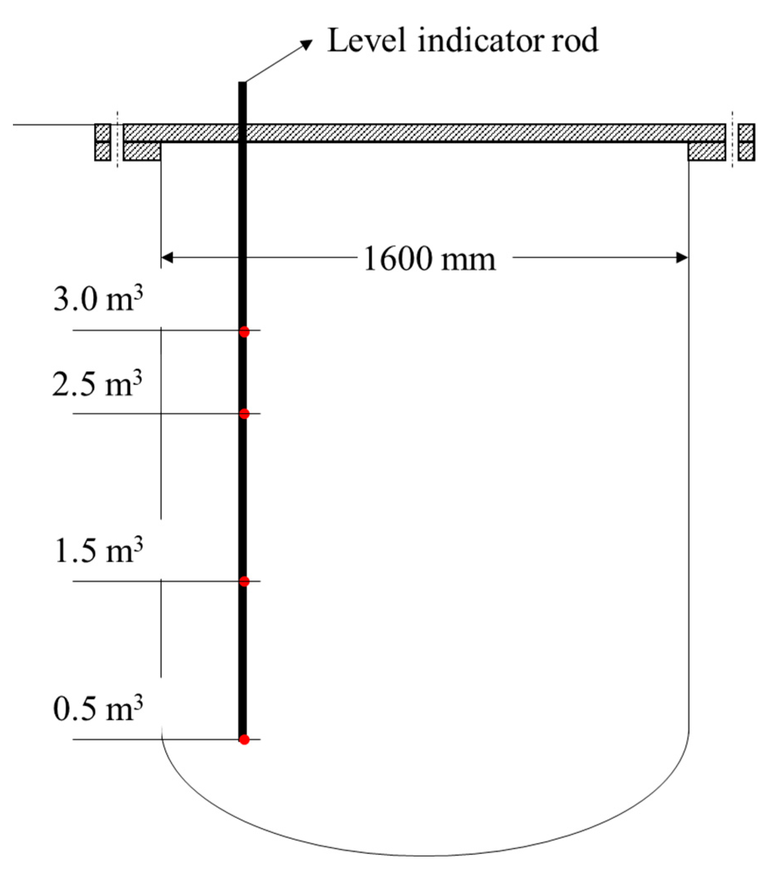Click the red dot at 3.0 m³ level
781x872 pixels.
tap(244, 332)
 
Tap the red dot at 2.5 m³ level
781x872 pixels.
tap(244, 414)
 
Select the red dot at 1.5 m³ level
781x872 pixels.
tap(244, 581)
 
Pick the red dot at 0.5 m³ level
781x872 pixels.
tap(244, 739)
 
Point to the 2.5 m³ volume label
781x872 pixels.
tap(97, 383)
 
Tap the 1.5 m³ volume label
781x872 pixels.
tap(98, 551)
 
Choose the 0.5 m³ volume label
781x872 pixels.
tap(98, 709)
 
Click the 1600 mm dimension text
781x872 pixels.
tap(429, 259)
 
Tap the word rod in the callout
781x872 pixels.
tap(574, 41)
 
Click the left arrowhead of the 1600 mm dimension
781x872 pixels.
tap(167, 258)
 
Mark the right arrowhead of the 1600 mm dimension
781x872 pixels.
tap(682, 258)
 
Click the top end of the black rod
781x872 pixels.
tap(242, 84)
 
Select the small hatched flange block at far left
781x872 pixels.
tap(102, 142)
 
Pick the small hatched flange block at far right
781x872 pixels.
tap(747, 142)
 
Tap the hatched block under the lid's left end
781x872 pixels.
tap(142, 151)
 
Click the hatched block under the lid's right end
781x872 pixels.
tap(707, 151)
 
